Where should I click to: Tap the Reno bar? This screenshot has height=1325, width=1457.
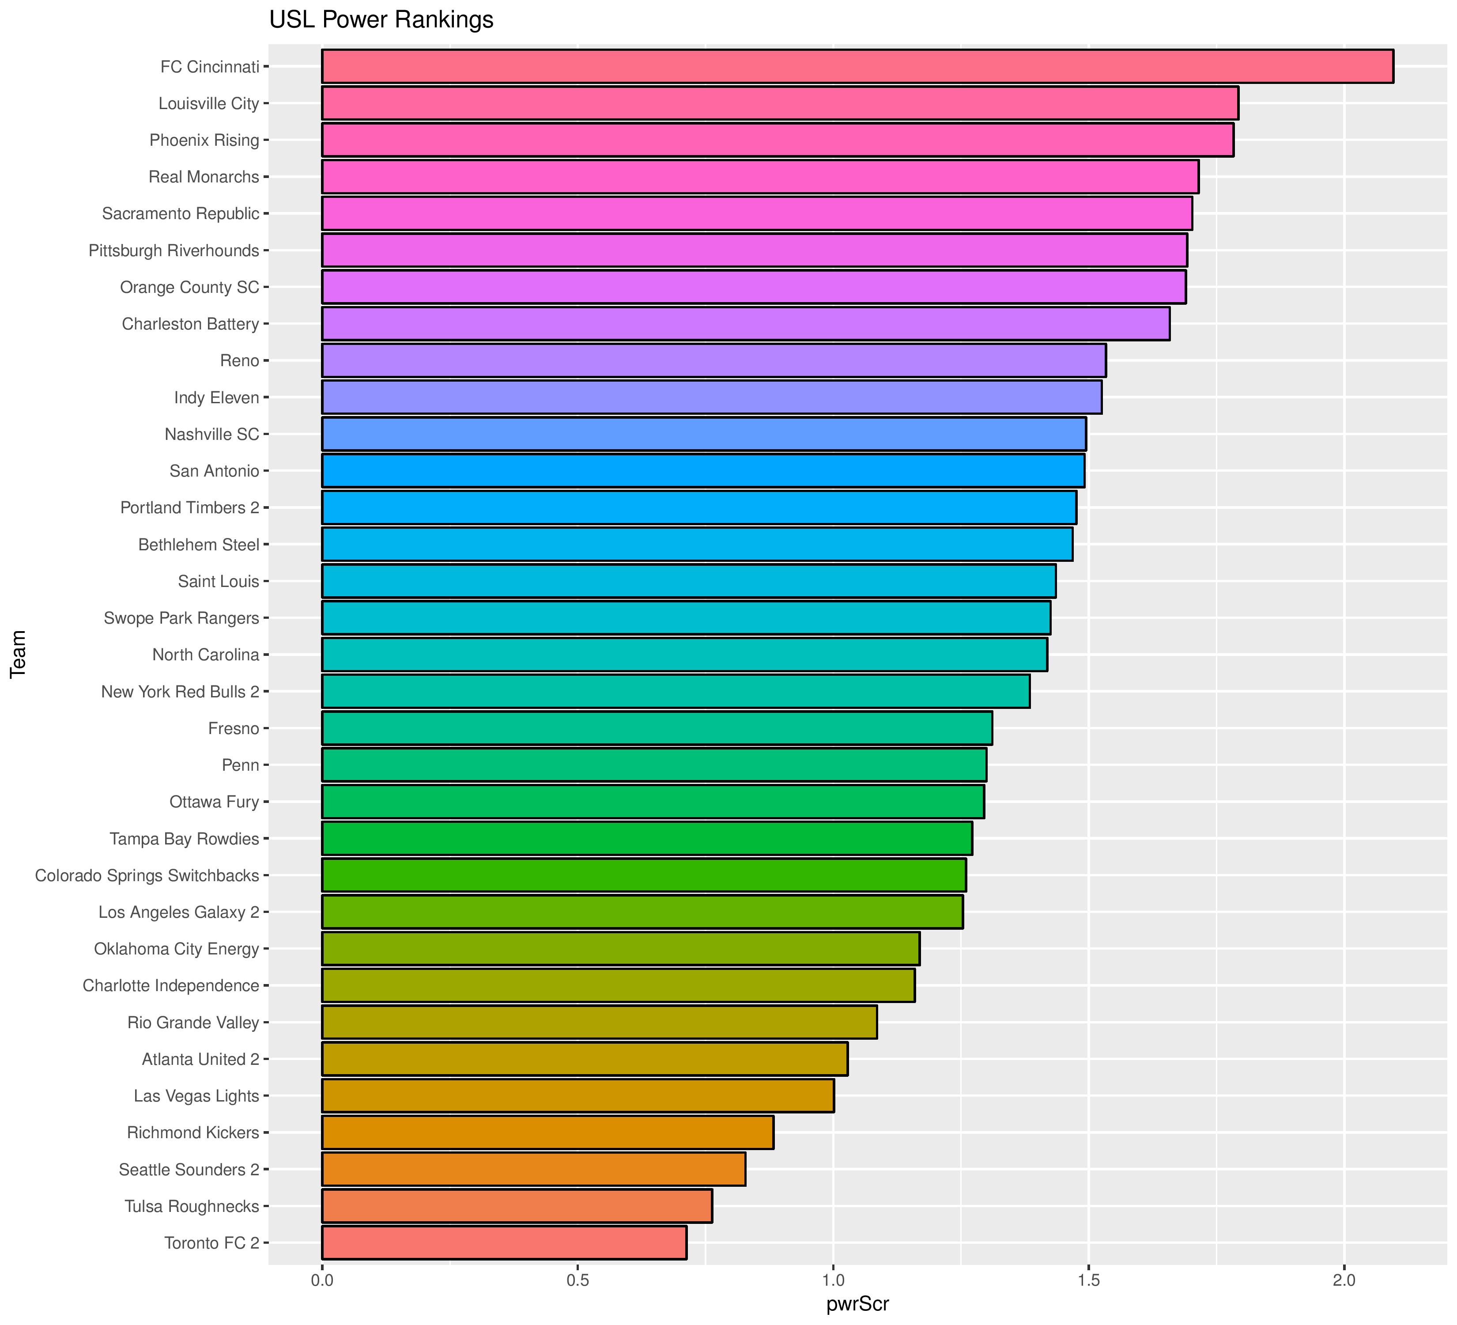coord(713,360)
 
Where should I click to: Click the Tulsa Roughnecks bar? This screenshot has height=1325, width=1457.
coord(517,1206)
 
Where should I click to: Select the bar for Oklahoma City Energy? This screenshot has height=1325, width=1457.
coord(620,948)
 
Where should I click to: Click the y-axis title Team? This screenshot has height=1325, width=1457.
coord(18,654)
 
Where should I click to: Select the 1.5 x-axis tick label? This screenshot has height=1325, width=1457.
coord(1088,1280)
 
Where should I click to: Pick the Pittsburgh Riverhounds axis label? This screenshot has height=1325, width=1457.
coord(174,250)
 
